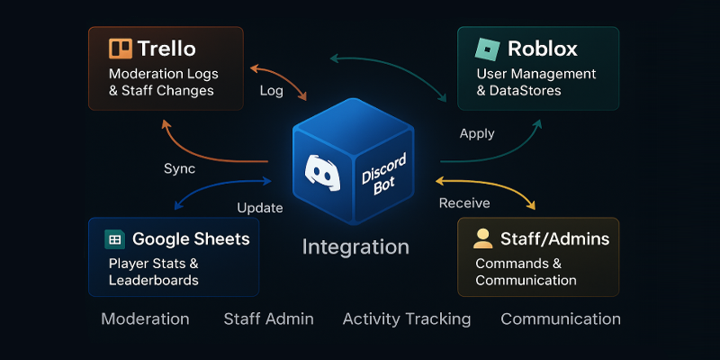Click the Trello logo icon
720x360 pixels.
(120, 49)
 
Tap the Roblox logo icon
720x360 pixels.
(487, 49)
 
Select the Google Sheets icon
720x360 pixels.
(114, 239)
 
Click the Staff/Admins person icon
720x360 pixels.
(483, 238)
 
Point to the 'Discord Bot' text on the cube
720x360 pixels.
(385, 170)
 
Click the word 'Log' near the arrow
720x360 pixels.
(272, 93)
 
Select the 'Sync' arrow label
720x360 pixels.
(179, 168)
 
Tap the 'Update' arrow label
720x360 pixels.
(259, 208)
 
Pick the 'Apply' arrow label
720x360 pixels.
(477, 133)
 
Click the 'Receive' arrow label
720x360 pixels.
(464, 203)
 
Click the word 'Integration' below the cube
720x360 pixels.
(355, 247)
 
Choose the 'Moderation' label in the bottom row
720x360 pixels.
(145, 319)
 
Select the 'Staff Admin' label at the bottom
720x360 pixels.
(268, 319)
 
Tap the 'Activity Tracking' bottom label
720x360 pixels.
(407, 319)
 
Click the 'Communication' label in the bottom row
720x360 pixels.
(560, 319)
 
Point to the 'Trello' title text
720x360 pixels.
(166, 49)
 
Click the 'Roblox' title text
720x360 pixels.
(543, 49)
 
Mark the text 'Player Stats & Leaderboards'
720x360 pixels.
(153, 272)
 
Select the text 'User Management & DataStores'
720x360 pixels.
(536, 82)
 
